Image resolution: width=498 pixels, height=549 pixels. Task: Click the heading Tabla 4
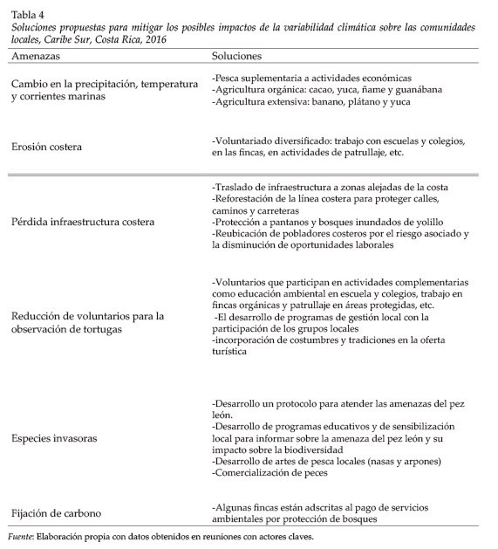coord(25,14)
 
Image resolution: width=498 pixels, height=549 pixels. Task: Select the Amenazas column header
coord(34,56)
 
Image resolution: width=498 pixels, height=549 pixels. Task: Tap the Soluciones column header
coord(237,56)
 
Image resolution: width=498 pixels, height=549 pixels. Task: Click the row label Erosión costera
coord(47,147)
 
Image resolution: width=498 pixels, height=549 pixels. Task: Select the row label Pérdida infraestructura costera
coord(83,222)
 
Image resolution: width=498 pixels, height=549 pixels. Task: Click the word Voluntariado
coord(245,141)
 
